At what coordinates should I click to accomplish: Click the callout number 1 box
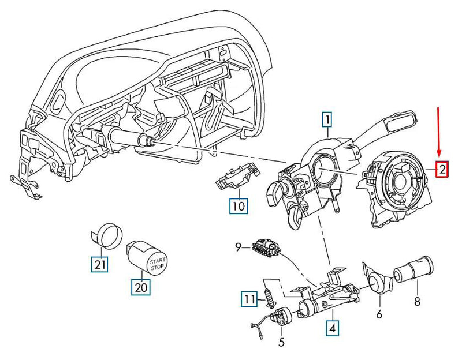[x=327, y=120]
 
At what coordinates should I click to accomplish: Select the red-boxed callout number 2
[x=442, y=170]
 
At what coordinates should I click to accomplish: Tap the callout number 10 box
[x=238, y=205]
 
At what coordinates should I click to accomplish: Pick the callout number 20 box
[x=141, y=286]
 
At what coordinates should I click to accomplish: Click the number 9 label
[x=237, y=248]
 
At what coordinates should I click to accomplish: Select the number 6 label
[x=379, y=314]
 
